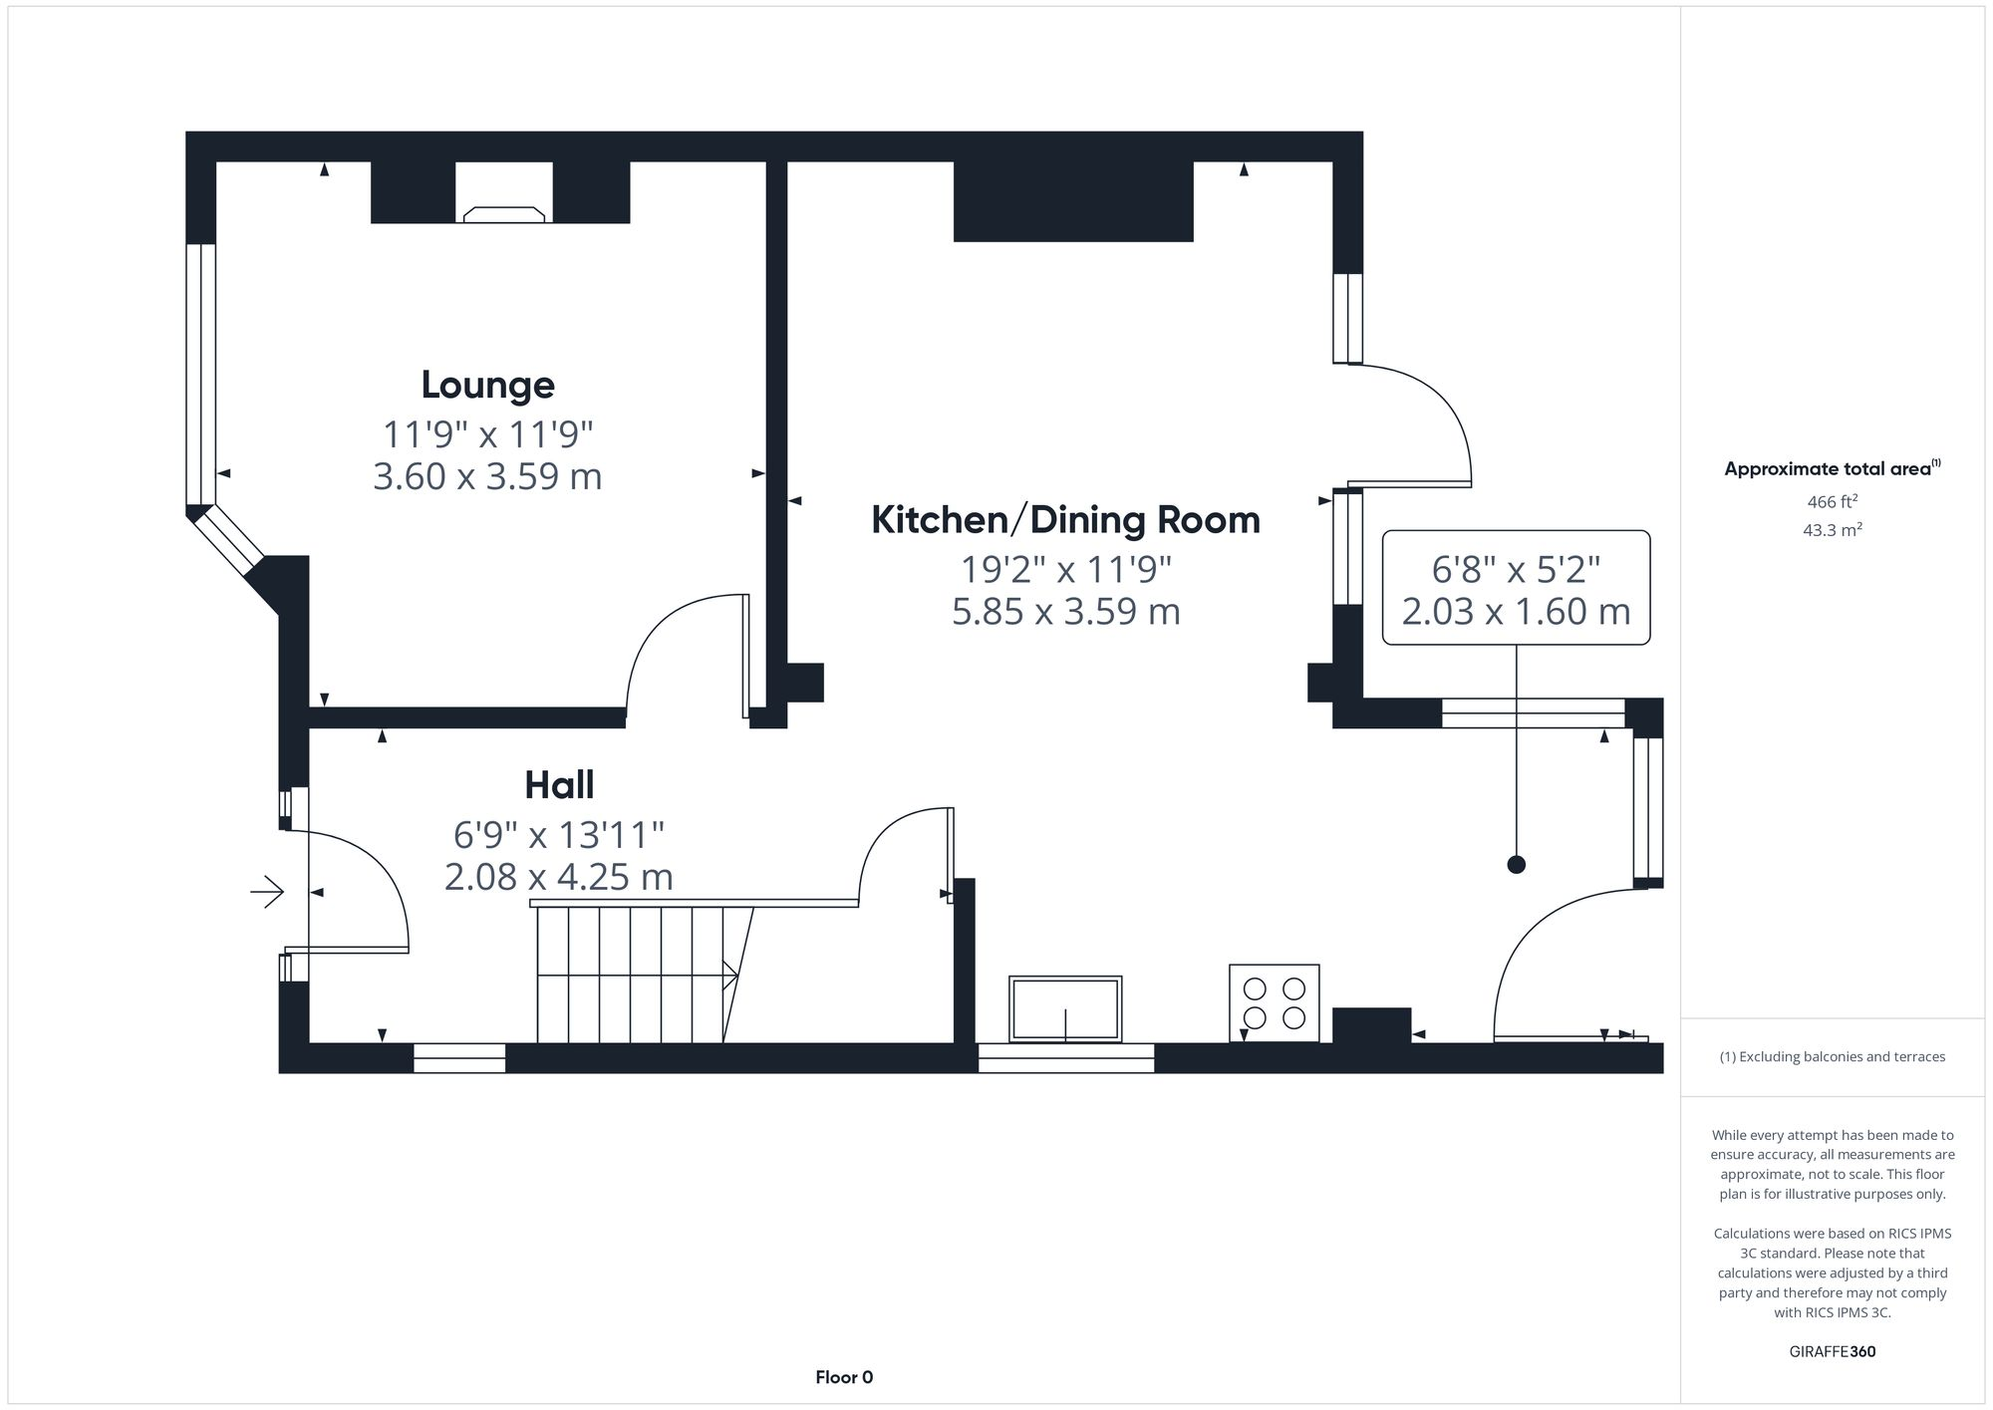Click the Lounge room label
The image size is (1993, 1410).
click(487, 386)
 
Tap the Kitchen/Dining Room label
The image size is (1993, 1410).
click(1065, 520)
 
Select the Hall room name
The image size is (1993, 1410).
click(559, 785)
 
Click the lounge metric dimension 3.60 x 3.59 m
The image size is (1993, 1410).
click(487, 476)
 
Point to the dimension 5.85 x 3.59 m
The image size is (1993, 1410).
click(1065, 611)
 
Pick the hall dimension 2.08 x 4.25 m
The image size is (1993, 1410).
click(559, 877)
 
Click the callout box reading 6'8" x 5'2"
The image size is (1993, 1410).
click(1516, 588)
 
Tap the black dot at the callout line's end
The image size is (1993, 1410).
click(1517, 865)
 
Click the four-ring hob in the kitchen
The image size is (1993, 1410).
click(1275, 1003)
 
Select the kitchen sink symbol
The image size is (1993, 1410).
click(1065, 1008)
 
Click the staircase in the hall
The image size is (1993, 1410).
click(638, 974)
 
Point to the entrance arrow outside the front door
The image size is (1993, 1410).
click(267, 891)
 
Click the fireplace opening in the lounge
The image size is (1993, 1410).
click(504, 191)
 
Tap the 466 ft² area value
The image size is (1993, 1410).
click(1832, 502)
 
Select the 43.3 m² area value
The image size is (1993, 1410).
click(1832, 530)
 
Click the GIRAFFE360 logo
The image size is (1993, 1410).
click(1832, 1352)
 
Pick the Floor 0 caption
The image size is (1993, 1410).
click(844, 1378)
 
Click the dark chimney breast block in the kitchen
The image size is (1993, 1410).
click(1073, 201)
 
